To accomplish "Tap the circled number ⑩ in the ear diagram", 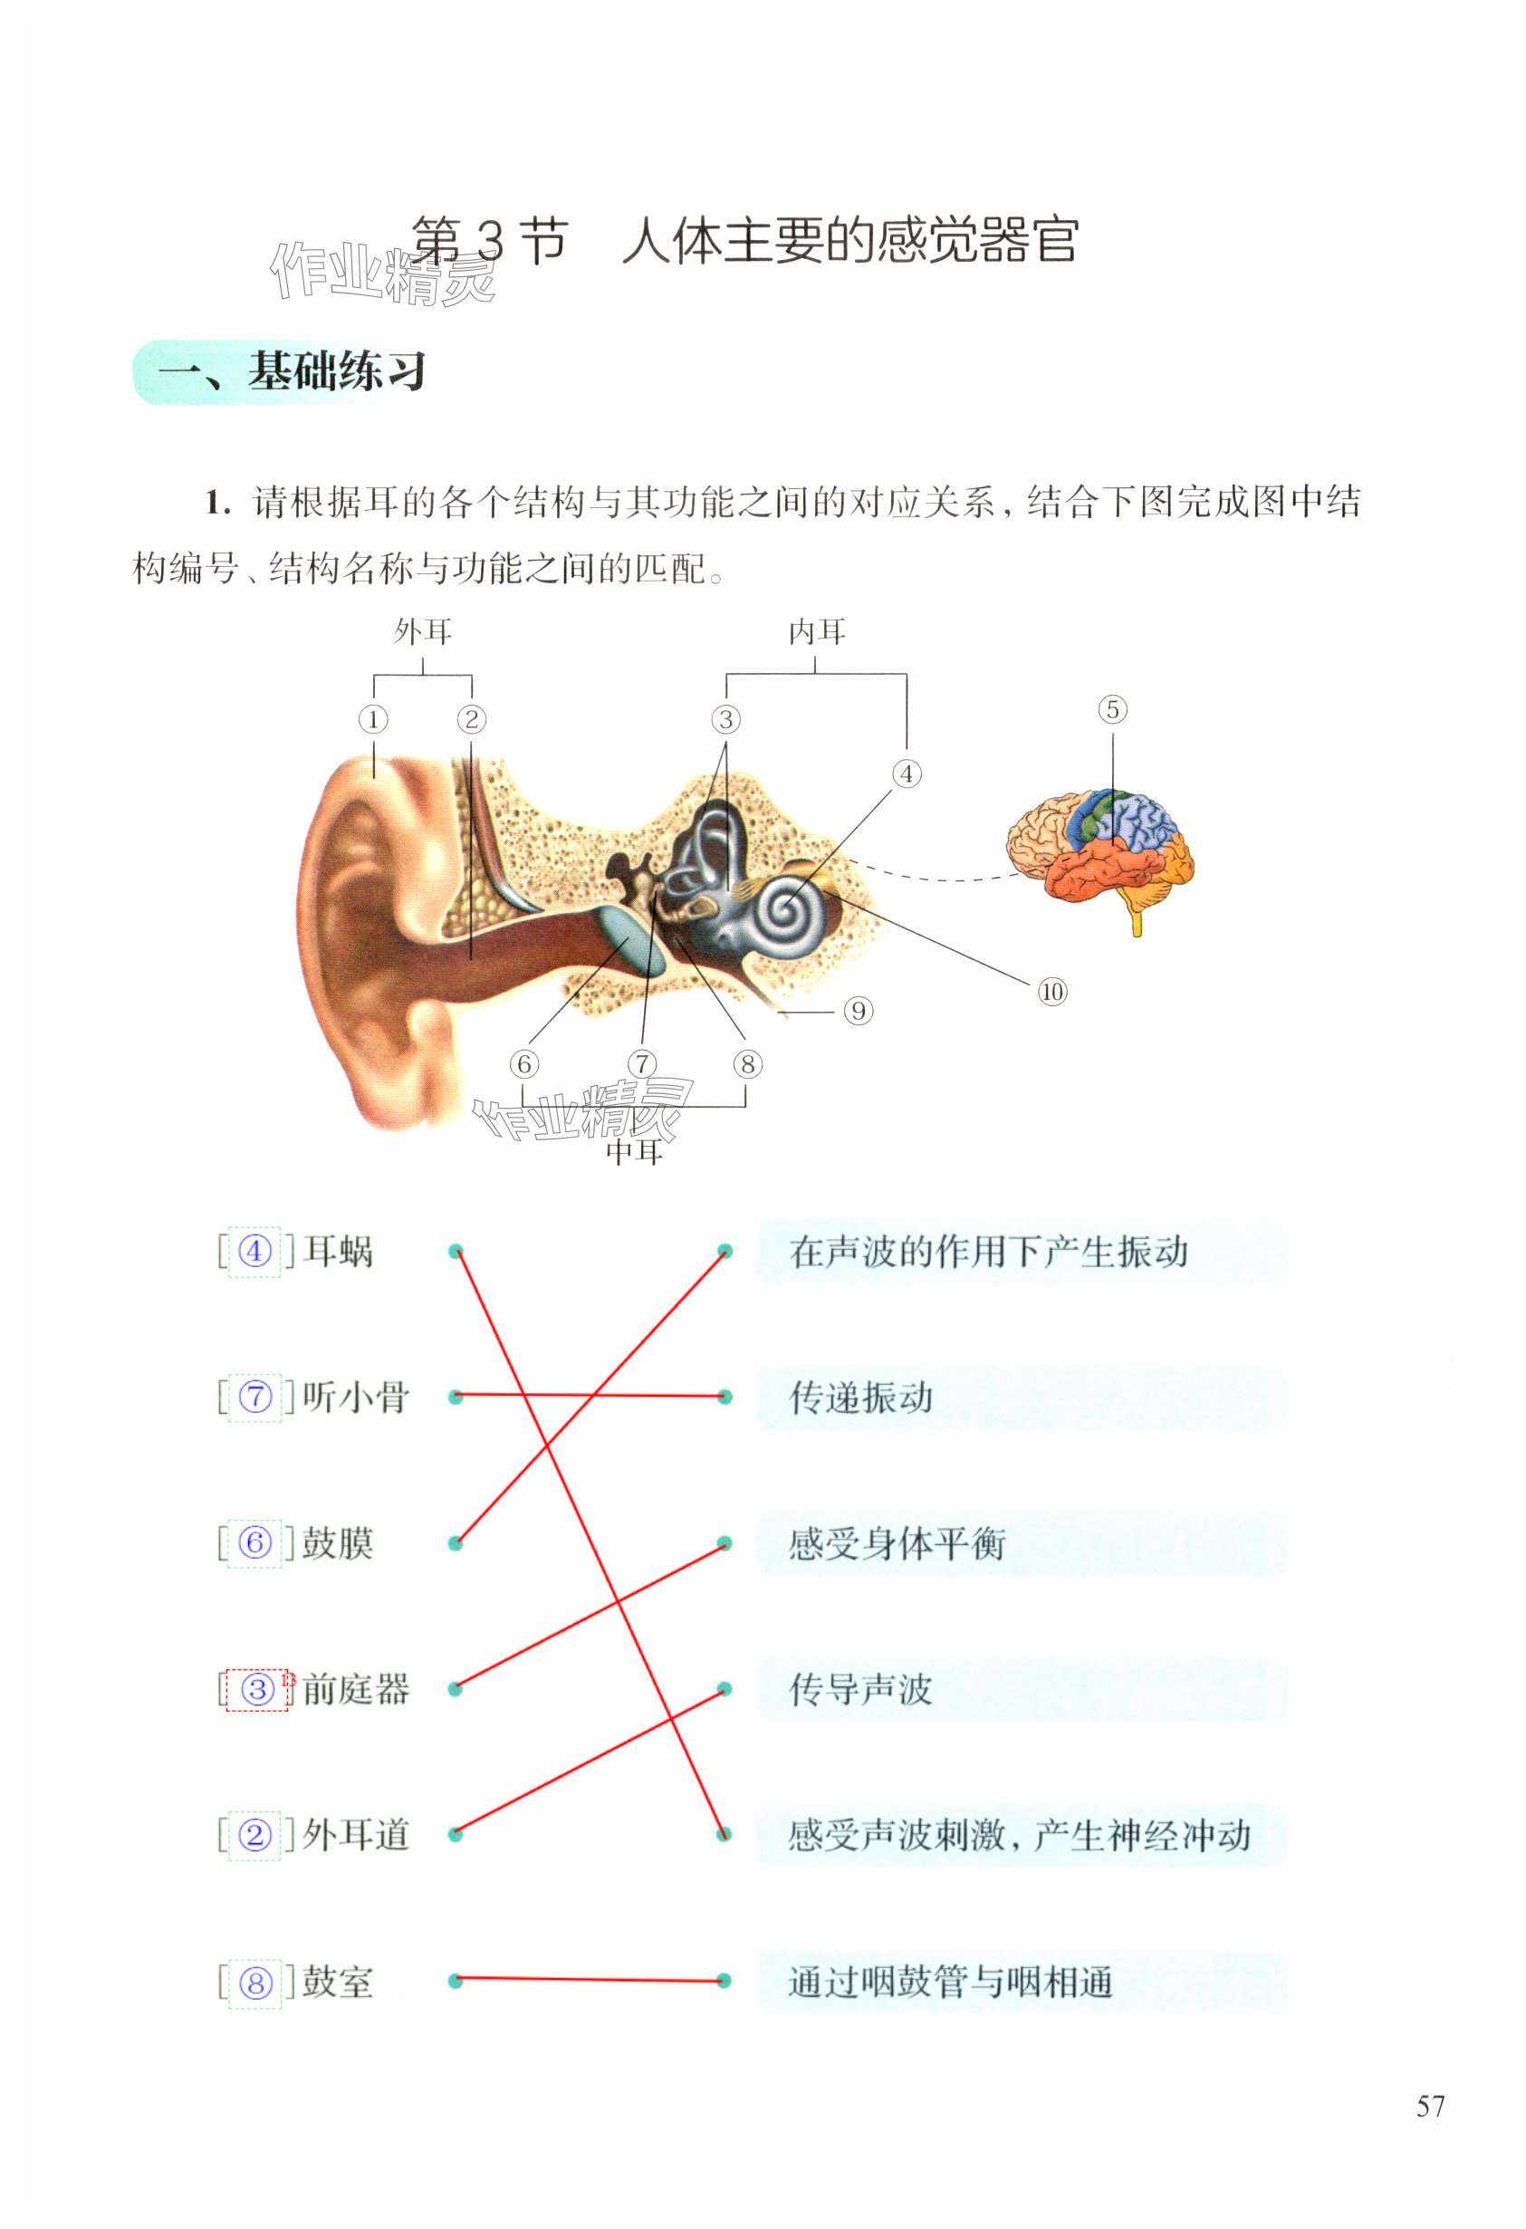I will (x=1052, y=992).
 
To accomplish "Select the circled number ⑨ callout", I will (x=859, y=1011).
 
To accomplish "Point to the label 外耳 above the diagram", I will (x=423, y=632).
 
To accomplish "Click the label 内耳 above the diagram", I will (x=816, y=632).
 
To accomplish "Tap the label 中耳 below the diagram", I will (x=634, y=1151).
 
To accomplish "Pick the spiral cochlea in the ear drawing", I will (x=786, y=910).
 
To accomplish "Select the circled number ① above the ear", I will (x=373, y=719).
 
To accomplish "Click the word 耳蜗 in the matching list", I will (x=338, y=1252).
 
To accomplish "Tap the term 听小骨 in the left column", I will (x=356, y=1398).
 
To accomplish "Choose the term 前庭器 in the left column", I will (x=356, y=1689).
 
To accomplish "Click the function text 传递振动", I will (x=860, y=1398).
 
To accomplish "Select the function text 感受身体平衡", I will (x=897, y=1543).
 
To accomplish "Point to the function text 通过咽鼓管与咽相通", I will (x=949, y=1981).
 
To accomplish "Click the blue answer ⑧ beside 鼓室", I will (x=255, y=1982).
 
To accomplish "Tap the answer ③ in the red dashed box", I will (x=256, y=1689).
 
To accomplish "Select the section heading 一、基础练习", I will (x=292, y=372).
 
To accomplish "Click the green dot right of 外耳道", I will (x=456, y=1834).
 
